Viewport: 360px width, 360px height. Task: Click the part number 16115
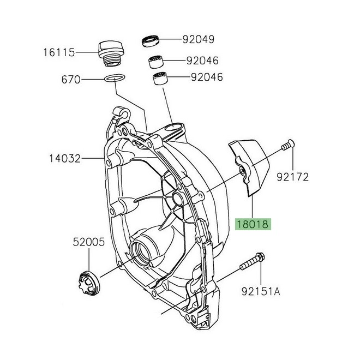[59, 53]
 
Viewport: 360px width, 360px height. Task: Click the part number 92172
[293, 177]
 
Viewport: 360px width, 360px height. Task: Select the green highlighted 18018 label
[253, 224]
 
